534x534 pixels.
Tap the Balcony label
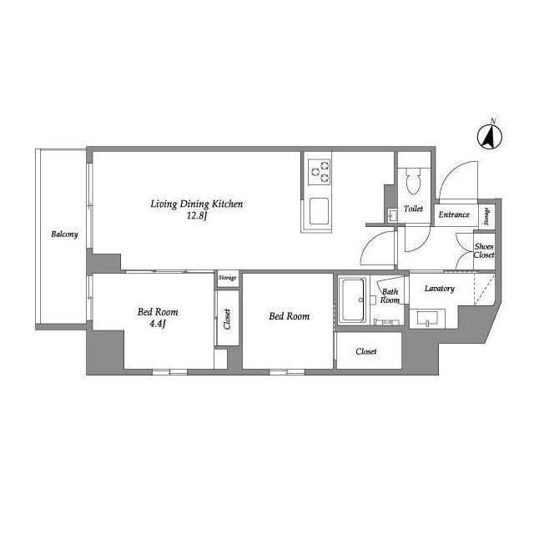click(x=63, y=234)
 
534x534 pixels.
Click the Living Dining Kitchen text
click(x=196, y=203)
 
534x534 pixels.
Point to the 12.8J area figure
click(x=196, y=215)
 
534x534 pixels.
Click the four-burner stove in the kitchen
click(x=319, y=172)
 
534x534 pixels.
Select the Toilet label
click(x=413, y=209)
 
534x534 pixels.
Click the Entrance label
click(x=455, y=214)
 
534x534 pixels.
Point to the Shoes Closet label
click(x=483, y=250)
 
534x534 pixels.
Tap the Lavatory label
click(x=439, y=289)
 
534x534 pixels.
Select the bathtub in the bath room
click(x=353, y=301)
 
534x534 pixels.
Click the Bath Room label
click(x=390, y=296)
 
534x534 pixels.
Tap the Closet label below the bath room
click(x=365, y=351)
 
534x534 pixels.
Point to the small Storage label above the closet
click(x=227, y=278)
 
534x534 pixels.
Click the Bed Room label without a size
click(x=289, y=317)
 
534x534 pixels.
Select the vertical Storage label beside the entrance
click(x=487, y=217)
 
